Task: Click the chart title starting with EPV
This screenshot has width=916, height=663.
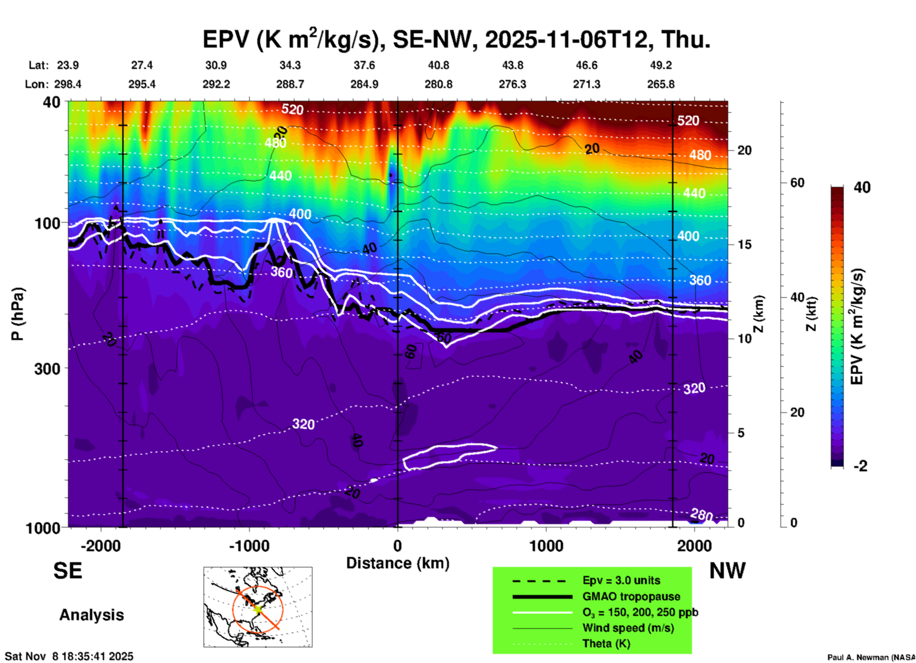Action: (x=457, y=39)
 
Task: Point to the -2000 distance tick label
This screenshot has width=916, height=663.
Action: (x=100, y=546)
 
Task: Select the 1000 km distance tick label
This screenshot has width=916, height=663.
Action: (x=546, y=546)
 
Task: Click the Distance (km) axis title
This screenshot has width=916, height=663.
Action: (x=398, y=563)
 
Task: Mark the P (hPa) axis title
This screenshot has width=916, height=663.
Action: (x=18, y=314)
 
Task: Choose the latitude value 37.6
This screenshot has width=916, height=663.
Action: (x=364, y=65)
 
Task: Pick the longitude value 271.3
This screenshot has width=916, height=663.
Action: (x=586, y=84)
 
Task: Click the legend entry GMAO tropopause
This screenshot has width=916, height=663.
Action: (x=631, y=596)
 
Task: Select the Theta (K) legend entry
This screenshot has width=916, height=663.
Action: (x=606, y=643)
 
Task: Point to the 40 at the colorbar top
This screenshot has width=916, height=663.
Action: (x=862, y=187)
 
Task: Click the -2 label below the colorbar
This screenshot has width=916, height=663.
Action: (x=860, y=466)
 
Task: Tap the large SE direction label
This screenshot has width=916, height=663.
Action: (x=68, y=571)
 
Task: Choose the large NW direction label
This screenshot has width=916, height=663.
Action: (x=727, y=571)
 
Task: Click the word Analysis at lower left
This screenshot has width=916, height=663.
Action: (x=91, y=615)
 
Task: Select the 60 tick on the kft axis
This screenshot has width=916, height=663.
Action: (x=797, y=183)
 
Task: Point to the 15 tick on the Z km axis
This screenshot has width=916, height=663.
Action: (x=744, y=244)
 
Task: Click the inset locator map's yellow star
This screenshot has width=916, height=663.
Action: (x=257, y=608)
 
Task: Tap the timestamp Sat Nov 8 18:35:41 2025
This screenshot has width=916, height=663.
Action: (x=69, y=656)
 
